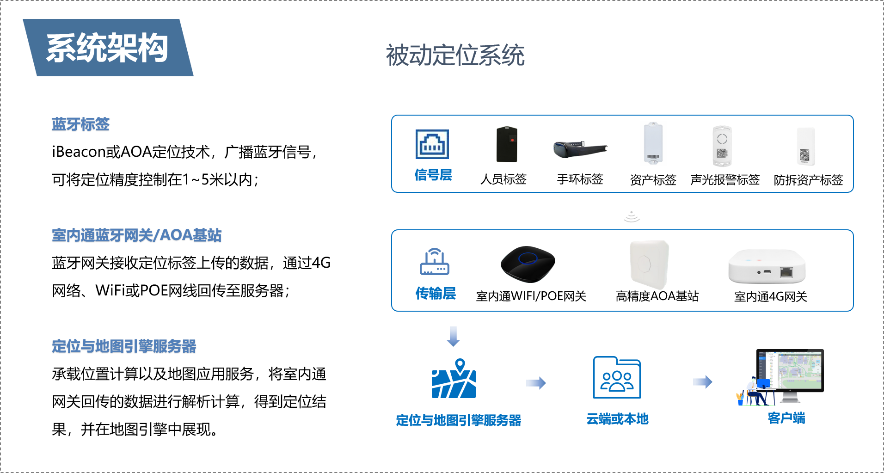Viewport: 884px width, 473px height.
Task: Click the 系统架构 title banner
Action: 108,48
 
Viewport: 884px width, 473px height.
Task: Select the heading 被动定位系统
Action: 455,55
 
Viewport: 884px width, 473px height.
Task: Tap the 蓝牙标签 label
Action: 80,124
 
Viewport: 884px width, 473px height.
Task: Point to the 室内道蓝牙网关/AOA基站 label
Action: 136,235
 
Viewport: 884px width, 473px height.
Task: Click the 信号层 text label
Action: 433,175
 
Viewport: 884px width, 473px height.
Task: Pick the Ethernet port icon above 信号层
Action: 432,144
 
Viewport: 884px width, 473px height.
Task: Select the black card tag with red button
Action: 507,144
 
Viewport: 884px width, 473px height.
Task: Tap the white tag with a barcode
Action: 653,143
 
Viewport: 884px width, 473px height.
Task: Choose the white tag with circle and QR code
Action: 722,146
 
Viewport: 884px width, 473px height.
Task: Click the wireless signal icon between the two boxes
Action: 632,217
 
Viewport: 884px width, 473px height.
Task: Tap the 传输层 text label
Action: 435,293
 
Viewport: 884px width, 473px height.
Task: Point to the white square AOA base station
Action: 649,264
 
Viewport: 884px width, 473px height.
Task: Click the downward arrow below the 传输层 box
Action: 453,336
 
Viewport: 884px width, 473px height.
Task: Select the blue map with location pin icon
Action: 454,379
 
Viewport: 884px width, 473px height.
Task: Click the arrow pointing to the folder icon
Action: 536,383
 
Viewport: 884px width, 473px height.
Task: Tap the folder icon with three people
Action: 617,377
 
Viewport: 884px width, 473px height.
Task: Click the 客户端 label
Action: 786,418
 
